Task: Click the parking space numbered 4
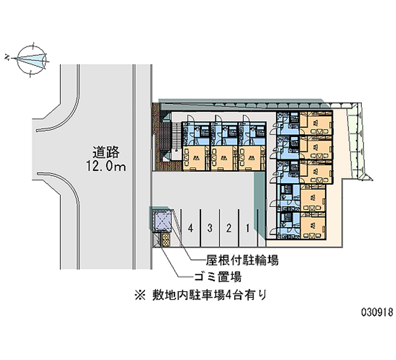[191, 228]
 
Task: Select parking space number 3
[210, 228]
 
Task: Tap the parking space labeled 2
[229, 228]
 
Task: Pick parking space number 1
[248, 228]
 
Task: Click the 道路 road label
[106, 152]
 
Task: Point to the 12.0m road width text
[106, 166]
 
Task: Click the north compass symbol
[32, 60]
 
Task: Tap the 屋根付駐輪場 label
[242, 260]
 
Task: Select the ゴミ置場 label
[218, 277]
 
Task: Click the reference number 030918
[377, 312]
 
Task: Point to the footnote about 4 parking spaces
[201, 295]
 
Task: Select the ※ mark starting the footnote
[141, 295]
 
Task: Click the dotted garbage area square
[166, 240]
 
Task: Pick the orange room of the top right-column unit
[316, 123]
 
